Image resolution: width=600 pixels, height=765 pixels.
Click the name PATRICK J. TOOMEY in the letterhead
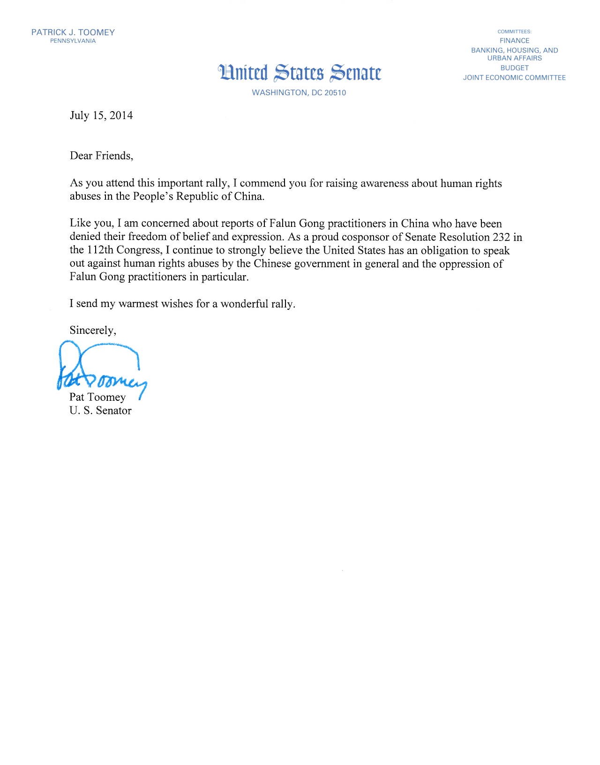[x=73, y=32]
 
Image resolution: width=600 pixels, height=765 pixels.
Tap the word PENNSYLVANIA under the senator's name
[x=73, y=41]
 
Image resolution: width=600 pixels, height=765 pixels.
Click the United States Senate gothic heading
[x=300, y=73]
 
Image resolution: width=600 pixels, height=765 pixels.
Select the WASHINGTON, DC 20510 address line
[x=299, y=93]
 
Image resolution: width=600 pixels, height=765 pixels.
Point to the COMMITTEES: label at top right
[x=514, y=32]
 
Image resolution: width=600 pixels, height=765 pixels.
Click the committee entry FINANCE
[x=514, y=41]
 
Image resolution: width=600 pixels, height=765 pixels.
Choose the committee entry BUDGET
[x=514, y=68]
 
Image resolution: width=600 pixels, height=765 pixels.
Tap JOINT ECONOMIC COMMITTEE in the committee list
[x=514, y=78]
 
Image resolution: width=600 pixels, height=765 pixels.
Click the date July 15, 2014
[x=101, y=115]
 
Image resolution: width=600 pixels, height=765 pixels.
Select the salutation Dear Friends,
[x=101, y=156]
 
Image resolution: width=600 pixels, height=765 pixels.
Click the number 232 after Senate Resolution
[x=501, y=237]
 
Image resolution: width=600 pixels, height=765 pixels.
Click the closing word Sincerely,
[x=93, y=330]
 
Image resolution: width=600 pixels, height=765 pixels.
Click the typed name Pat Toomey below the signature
[x=97, y=397]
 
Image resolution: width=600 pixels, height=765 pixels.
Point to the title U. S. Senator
[x=100, y=411]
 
